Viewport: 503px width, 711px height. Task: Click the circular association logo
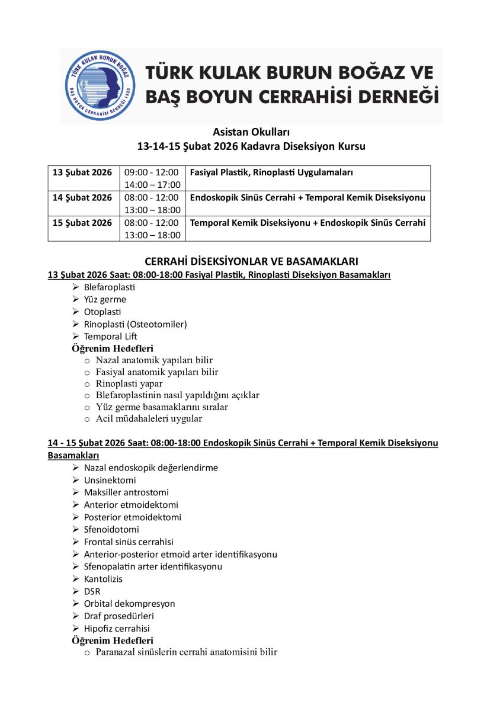100,85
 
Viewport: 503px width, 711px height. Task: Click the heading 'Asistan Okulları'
251,132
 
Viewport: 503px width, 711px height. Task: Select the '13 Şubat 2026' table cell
82,172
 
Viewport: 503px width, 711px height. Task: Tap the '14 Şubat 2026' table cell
82,198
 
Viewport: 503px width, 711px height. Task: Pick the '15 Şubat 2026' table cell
82,223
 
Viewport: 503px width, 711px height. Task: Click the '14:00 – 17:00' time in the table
152,185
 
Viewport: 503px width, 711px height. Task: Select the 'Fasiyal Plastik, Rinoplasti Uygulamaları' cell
271,172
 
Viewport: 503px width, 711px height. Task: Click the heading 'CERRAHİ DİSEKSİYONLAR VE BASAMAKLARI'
251,261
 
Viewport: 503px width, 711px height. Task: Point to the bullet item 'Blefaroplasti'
110,287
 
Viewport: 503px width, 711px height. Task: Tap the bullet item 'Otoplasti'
102,312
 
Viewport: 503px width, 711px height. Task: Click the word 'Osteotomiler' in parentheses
161,324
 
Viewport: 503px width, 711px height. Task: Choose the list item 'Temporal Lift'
111,337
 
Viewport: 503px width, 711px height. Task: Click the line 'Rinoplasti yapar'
129,383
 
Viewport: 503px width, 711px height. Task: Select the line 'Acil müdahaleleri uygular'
149,418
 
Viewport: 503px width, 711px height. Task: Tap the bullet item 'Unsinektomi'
110,480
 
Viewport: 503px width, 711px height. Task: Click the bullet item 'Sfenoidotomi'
111,530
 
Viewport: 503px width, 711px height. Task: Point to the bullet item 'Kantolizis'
103,579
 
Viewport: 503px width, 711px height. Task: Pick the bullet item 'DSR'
92,591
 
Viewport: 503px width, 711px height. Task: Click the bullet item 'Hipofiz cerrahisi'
117,629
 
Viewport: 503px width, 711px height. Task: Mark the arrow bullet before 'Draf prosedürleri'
76,616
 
